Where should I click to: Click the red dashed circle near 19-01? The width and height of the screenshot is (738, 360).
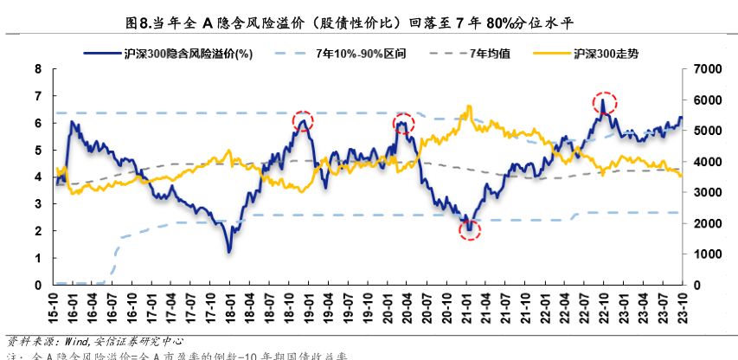302,120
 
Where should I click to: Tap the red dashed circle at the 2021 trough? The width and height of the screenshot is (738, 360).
468,229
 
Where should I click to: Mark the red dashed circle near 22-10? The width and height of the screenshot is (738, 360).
604,102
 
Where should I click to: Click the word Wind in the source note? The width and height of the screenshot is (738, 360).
71,341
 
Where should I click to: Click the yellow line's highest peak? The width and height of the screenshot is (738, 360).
468,107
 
